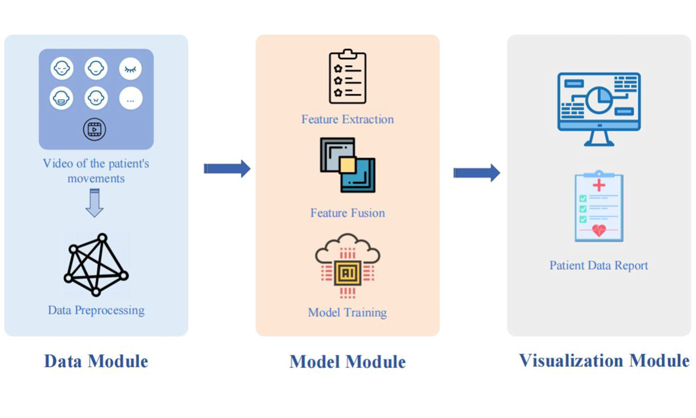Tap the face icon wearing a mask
(61, 98)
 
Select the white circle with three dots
(131, 98)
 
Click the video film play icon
(95, 129)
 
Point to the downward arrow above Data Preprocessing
(95, 203)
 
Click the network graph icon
(96, 265)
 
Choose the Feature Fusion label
(348, 213)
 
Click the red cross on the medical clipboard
(599, 185)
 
